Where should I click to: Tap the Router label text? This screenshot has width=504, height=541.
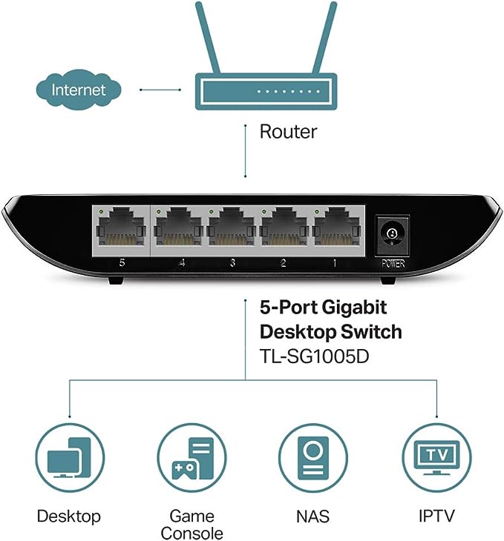[287, 132]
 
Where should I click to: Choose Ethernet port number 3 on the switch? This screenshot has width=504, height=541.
[232, 230]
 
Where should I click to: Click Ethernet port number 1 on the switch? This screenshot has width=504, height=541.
[337, 230]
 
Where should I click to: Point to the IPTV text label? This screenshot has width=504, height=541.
[436, 516]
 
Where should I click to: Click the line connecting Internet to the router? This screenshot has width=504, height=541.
[160, 90]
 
